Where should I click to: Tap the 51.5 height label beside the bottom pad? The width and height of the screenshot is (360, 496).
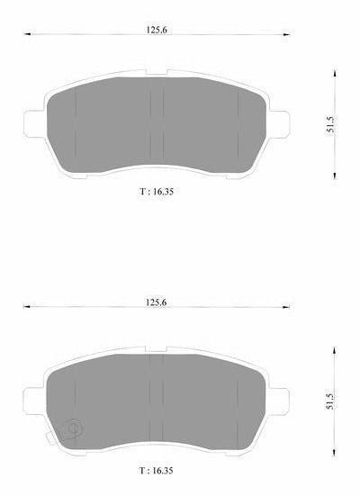[330, 401]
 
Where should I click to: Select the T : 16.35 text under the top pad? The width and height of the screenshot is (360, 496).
[157, 192]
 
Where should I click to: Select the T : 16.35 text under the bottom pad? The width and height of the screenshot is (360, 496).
[157, 471]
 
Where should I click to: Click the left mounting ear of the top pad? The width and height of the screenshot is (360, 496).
[34, 124]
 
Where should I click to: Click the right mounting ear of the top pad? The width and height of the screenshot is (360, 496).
[279, 124]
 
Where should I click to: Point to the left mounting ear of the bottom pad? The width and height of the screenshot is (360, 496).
[33, 401]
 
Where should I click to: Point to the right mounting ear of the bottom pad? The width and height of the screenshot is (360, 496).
[279, 401]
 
